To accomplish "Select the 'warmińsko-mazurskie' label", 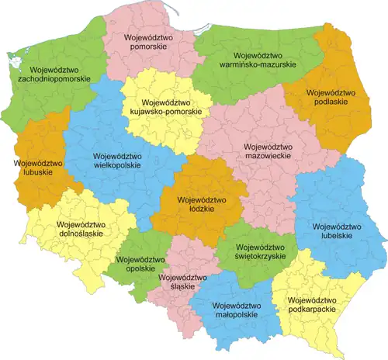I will (255, 66).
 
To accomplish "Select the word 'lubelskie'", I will (332, 236).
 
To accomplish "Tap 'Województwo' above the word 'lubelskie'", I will (332, 226).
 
